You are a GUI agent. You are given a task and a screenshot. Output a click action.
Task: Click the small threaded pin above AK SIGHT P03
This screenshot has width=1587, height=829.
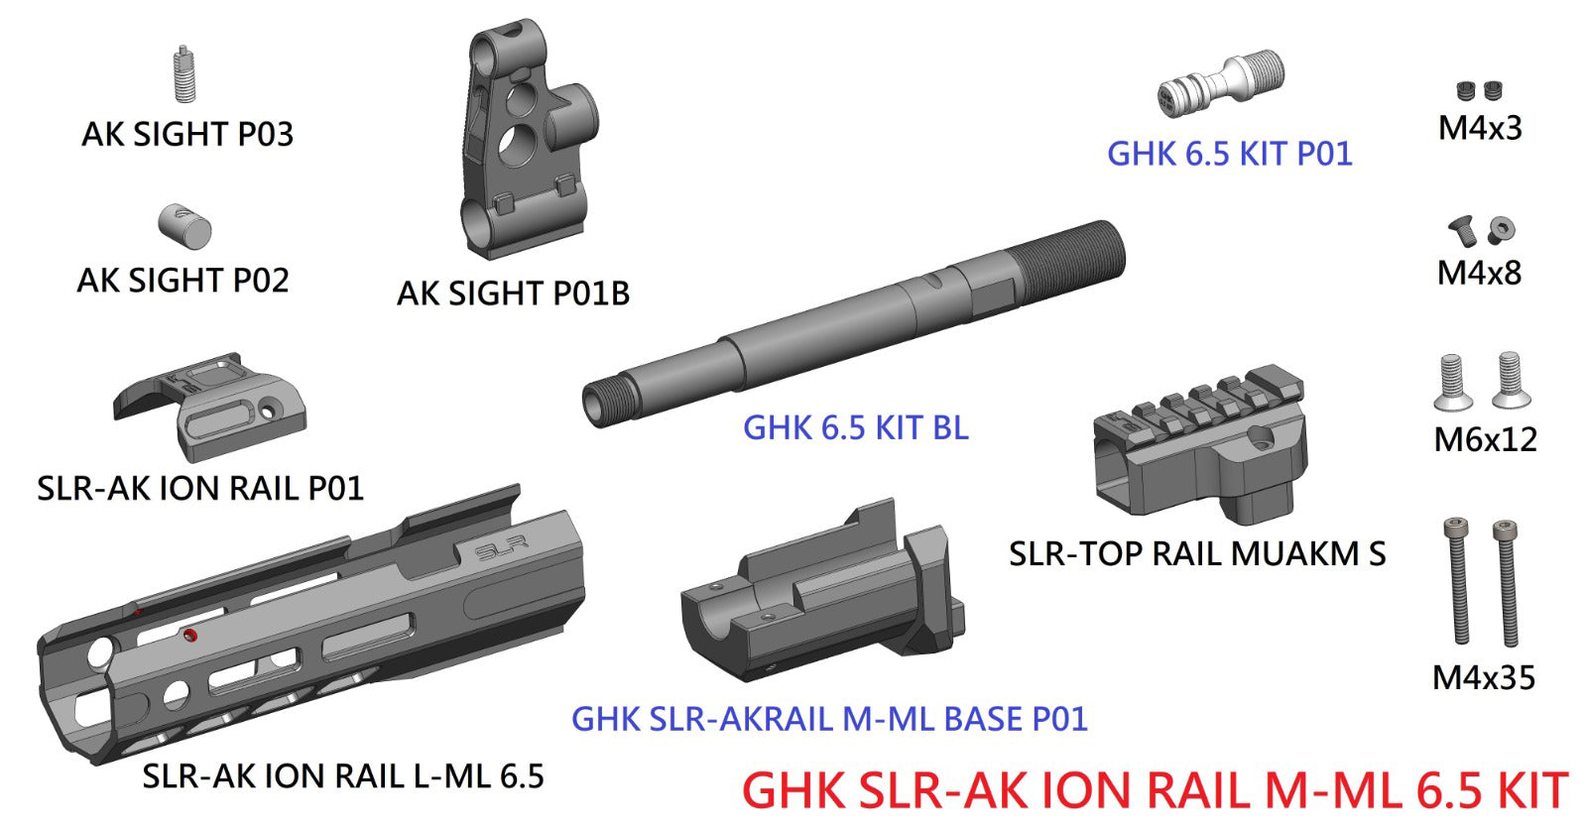coord(183,74)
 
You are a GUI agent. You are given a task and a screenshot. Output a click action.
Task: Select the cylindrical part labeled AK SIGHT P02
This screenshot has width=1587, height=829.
coord(185,226)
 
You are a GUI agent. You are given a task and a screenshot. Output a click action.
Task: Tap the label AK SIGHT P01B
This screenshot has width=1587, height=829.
coord(513,294)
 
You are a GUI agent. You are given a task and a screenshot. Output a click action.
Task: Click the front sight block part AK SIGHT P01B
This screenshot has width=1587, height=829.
coord(521,139)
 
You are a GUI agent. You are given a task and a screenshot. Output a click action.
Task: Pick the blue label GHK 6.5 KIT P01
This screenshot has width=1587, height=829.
coord(1229,154)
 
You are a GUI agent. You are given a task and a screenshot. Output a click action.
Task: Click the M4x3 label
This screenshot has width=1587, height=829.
coord(1480,128)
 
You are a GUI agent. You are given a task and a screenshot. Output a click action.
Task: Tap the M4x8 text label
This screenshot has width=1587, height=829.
coord(1479,273)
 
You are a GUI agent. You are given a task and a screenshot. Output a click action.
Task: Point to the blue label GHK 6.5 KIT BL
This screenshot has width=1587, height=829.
coord(855,427)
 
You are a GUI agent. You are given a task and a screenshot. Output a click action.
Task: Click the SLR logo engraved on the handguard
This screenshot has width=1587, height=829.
coord(501,548)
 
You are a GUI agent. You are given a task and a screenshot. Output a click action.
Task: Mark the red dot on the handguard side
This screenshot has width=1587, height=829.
coord(191,635)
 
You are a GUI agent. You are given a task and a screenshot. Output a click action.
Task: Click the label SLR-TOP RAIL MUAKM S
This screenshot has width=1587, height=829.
coord(1196,553)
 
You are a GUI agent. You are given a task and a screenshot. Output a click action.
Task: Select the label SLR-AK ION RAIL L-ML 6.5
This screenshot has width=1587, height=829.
coord(343,775)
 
